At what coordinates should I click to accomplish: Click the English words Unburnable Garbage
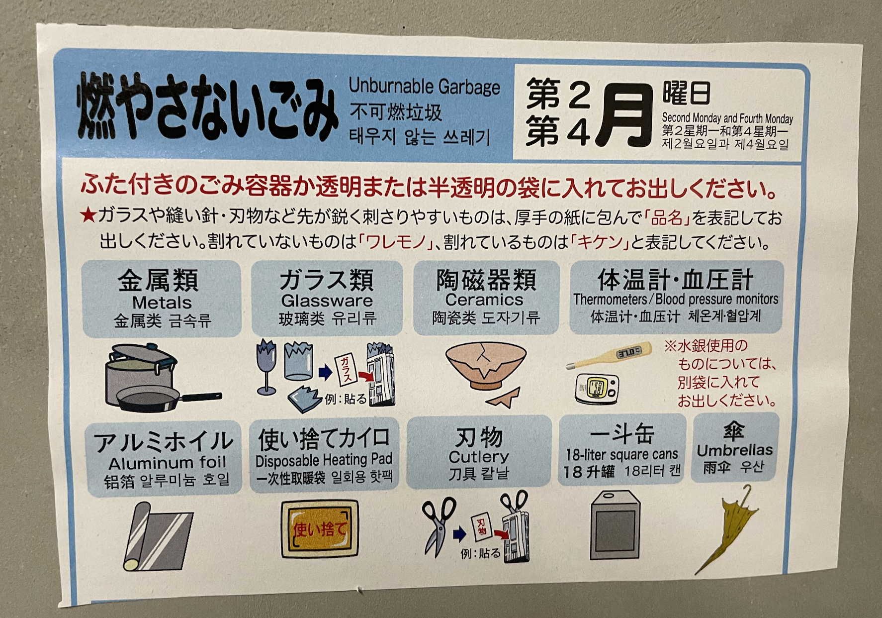[424, 86]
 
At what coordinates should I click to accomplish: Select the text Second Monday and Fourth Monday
[727, 118]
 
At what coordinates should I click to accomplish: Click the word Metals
[162, 303]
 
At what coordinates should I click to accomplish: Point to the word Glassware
[327, 301]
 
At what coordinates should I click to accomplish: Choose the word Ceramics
[484, 300]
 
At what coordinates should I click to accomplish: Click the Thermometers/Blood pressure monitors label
[676, 299]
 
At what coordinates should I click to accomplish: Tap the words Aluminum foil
[167, 463]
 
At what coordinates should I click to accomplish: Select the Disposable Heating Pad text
[324, 460]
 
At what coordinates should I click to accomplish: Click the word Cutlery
[479, 457]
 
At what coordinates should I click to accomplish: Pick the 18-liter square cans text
[621, 454]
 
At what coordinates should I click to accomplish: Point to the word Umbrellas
[734, 450]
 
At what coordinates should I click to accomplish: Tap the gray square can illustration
[615, 525]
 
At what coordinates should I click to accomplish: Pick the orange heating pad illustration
[320, 529]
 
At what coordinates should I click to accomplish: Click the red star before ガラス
[88, 216]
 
